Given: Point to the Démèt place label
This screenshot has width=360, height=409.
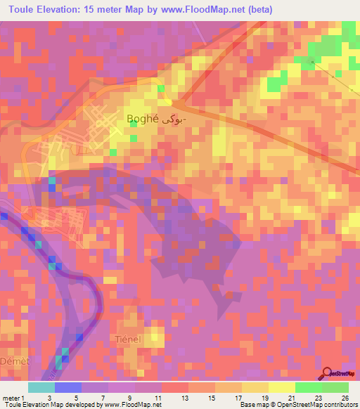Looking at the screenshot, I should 15,361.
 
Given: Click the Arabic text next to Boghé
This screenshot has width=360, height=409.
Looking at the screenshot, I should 176,120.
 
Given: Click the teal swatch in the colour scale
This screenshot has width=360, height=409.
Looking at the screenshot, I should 41,387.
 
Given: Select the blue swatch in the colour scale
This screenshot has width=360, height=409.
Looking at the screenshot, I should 68,387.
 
